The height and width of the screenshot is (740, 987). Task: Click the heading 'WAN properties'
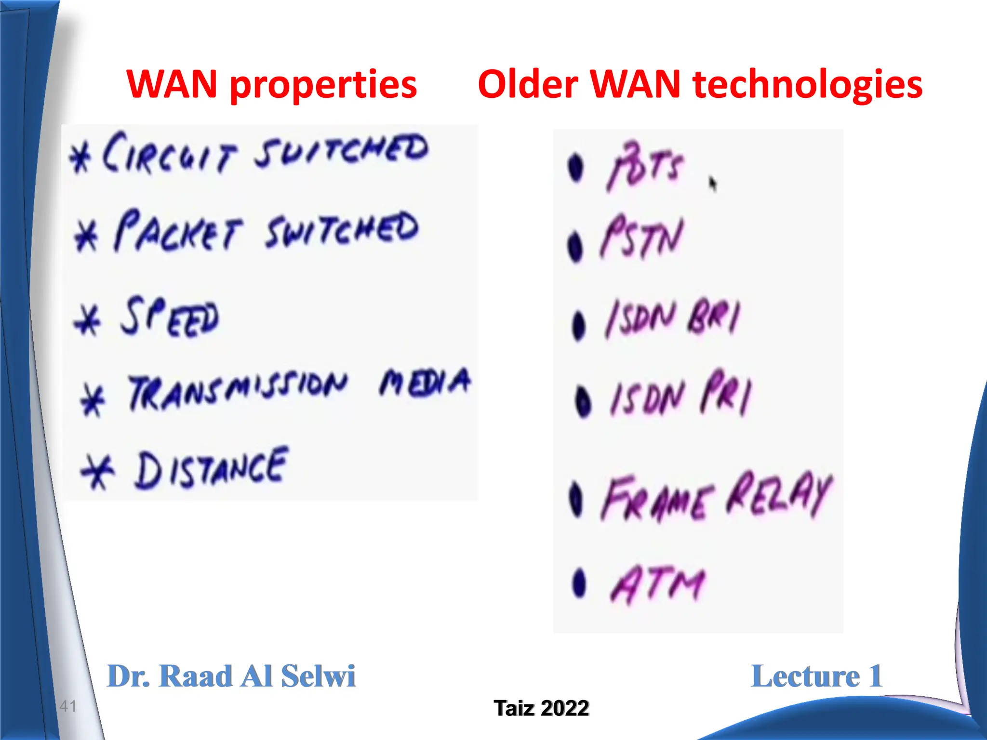click(271, 84)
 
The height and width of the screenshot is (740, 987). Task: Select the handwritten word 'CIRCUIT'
click(169, 153)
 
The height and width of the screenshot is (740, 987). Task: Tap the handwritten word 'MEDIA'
click(424, 383)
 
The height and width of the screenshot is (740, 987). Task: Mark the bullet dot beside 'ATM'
click(579, 583)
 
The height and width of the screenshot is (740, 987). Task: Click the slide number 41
click(68, 706)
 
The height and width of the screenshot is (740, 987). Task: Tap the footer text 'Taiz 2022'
click(541, 708)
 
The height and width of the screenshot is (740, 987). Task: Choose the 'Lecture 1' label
click(816, 676)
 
